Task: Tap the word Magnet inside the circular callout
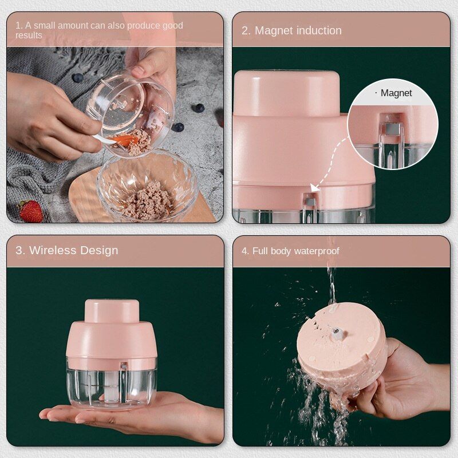396,93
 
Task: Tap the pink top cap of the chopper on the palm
112,311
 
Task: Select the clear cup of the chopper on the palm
112,382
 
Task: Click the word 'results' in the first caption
29,35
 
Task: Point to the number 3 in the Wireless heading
19,250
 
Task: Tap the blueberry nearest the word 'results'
78,78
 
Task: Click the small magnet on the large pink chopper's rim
310,202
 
